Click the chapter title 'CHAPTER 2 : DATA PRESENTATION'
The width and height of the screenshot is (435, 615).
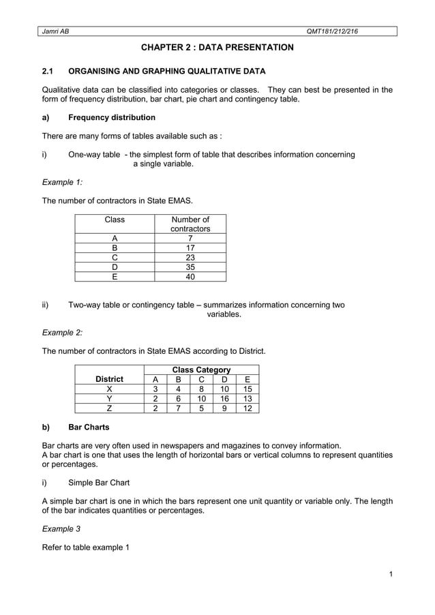(x=217, y=48)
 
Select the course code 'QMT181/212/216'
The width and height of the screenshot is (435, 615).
(x=333, y=31)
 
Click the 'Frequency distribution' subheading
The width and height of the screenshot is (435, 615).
(x=112, y=117)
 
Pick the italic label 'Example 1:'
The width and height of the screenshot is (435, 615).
(x=62, y=182)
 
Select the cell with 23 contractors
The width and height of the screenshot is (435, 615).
(x=190, y=258)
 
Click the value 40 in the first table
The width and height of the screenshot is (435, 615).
(x=190, y=277)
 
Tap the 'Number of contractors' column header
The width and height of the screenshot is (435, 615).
(x=190, y=224)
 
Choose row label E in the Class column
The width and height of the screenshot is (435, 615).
(x=115, y=277)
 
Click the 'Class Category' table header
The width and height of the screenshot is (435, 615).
(x=201, y=370)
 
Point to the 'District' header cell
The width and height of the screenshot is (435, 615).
(x=109, y=379)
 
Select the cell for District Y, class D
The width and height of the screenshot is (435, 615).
(x=224, y=399)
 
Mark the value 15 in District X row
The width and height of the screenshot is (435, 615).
(x=247, y=389)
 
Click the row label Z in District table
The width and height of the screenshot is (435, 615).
(x=109, y=408)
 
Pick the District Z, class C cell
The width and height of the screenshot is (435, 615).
(x=201, y=408)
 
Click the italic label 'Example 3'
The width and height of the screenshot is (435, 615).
(x=61, y=528)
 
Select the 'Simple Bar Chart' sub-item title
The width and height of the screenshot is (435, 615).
(x=99, y=482)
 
